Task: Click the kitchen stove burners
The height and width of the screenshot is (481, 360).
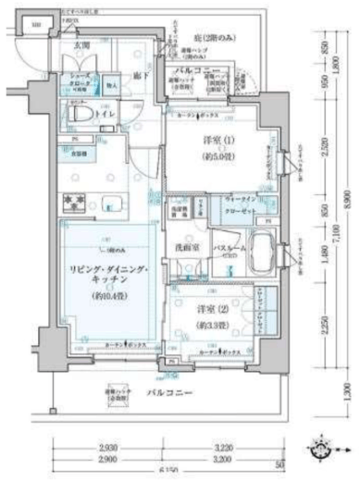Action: pyautogui.click(x=73, y=201)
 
